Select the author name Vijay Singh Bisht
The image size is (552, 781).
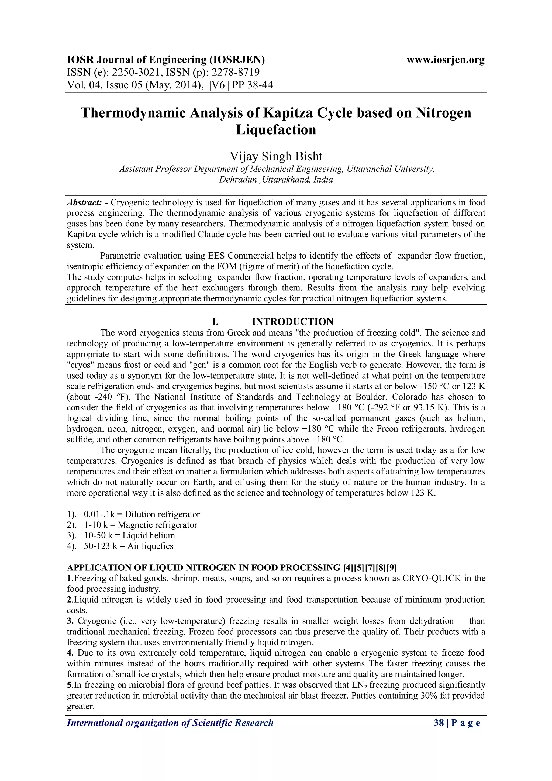(x=276, y=156)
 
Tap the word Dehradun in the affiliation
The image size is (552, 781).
(x=238, y=180)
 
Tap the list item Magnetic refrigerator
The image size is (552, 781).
(x=157, y=525)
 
